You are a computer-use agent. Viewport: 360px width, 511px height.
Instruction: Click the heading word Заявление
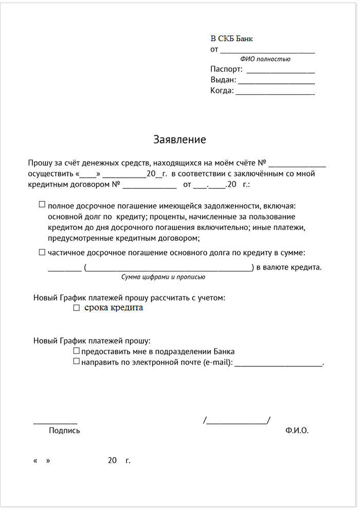[179, 139]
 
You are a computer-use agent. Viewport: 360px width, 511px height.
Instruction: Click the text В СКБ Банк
[231, 39]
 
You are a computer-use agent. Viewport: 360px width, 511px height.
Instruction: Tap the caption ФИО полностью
[265, 59]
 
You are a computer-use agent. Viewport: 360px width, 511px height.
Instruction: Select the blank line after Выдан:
[277, 82]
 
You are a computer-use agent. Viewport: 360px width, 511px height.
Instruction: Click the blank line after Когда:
[275, 94]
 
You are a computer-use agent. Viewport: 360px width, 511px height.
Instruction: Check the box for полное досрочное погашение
[42, 204]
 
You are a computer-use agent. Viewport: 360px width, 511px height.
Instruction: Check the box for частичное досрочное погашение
[42, 252]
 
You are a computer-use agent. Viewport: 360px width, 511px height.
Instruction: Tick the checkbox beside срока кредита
[76, 308]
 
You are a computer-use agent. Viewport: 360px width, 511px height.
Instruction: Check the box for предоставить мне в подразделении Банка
[76, 350]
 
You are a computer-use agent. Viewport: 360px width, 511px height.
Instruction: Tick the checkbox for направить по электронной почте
[76, 361]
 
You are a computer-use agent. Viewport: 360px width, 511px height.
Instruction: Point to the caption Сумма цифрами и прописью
[163, 277]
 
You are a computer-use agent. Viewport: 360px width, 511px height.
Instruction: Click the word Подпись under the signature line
[64, 430]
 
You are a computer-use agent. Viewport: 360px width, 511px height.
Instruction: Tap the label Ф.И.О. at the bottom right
[297, 430]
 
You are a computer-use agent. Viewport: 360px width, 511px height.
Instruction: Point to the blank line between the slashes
[237, 423]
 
